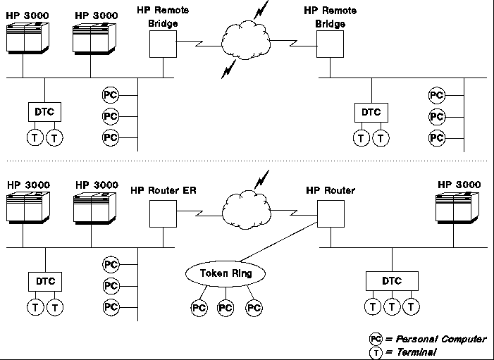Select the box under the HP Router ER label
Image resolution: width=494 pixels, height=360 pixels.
coord(162,212)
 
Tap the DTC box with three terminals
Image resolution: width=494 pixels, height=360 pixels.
coord(392,280)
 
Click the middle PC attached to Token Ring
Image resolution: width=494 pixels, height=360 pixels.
coord(226,308)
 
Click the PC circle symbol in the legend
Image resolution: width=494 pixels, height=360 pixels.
coord(376,339)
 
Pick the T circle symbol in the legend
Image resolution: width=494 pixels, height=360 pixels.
coord(376,352)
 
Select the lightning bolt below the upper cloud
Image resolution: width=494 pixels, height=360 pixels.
coord(230,69)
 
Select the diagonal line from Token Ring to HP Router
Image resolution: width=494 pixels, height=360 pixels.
coord(278,242)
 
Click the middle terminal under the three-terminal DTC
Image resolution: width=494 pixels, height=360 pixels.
coord(392,306)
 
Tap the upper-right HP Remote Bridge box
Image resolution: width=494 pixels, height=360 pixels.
coord(329,45)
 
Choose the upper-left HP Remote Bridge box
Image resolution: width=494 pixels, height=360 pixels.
coord(162,45)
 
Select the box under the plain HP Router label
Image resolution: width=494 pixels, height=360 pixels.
coord(329,212)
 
